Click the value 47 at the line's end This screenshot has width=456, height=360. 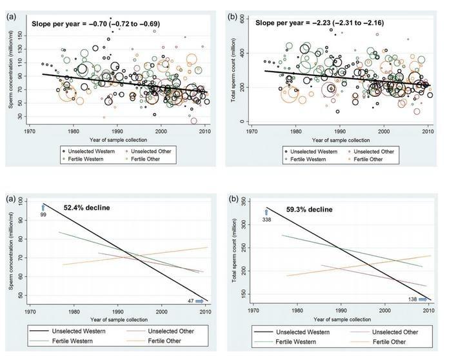tap(190, 301)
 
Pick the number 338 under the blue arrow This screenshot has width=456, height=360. tap(266, 220)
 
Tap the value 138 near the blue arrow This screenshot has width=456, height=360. tap(413, 299)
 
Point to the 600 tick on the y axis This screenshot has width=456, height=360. tap(243, 21)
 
